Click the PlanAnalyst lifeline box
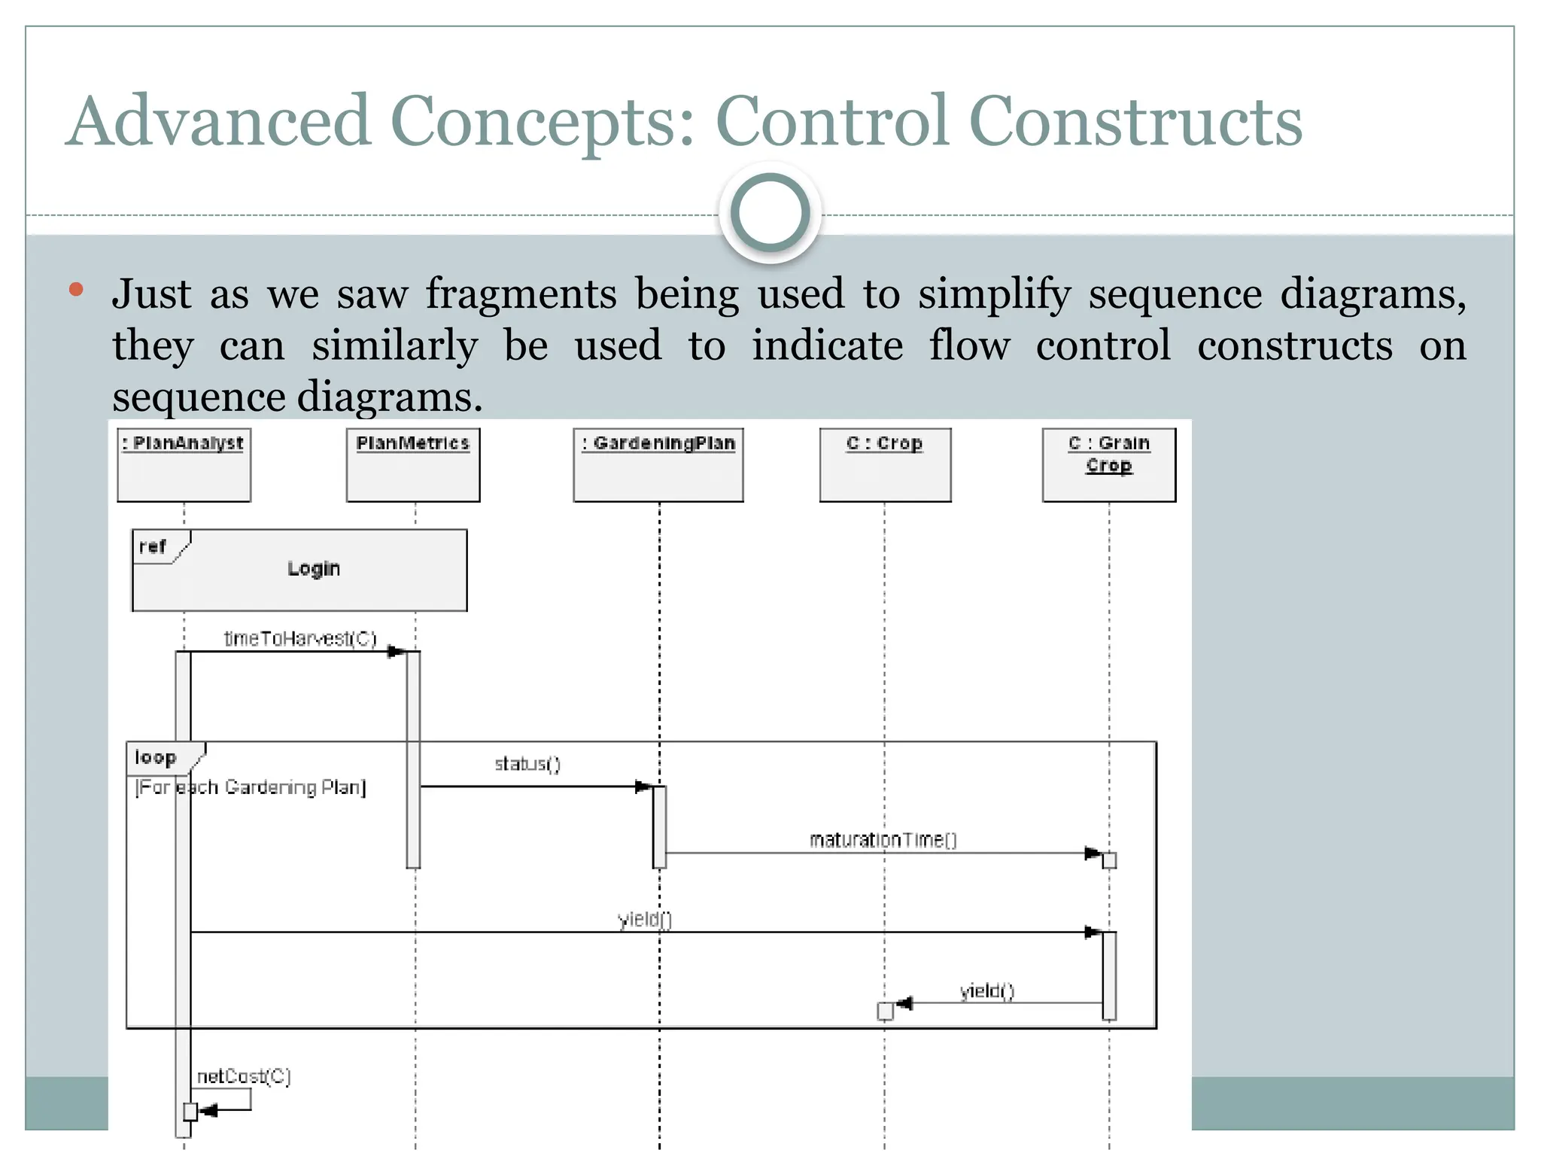(x=184, y=464)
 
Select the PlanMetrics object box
(x=413, y=464)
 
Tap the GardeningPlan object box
(x=658, y=464)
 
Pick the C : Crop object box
(x=885, y=464)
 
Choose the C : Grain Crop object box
(x=1108, y=464)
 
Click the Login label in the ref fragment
(x=314, y=569)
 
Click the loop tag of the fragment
(x=157, y=758)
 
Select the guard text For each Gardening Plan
(x=250, y=788)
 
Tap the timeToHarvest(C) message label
(x=299, y=639)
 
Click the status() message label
(x=527, y=765)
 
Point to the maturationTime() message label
(x=883, y=840)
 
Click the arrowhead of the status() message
(x=643, y=786)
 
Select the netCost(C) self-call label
(x=244, y=1077)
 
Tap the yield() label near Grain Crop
(x=987, y=991)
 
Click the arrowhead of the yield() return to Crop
(x=904, y=1003)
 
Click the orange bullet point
(x=75, y=290)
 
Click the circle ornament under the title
(x=770, y=212)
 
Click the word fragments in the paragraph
(x=521, y=294)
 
